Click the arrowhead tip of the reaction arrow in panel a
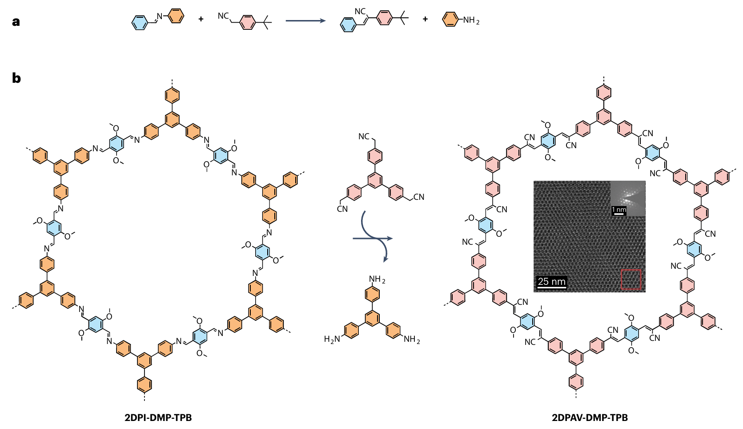pyautogui.click(x=326, y=20)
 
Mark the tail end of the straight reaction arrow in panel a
pyautogui.click(x=286, y=20)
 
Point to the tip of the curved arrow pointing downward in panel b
pyautogui.click(x=385, y=262)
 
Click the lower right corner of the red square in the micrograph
pyautogui.click(x=641, y=289)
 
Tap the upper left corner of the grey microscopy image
pyautogui.click(x=534, y=181)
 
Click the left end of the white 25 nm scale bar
pyautogui.click(x=537, y=287)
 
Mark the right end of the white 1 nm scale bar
pyautogui.click(x=623, y=214)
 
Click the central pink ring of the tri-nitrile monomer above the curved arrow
pyautogui.click(x=375, y=181)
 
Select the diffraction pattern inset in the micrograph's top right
pyautogui.click(x=628, y=198)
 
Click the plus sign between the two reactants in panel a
pyautogui.click(x=201, y=19)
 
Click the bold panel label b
pyautogui.click(x=16, y=78)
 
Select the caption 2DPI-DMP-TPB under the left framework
pyautogui.click(x=158, y=418)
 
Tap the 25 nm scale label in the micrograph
pyautogui.click(x=552, y=282)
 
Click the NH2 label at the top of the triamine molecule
pyautogui.click(x=377, y=279)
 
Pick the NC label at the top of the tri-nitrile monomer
pyautogui.click(x=364, y=136)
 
